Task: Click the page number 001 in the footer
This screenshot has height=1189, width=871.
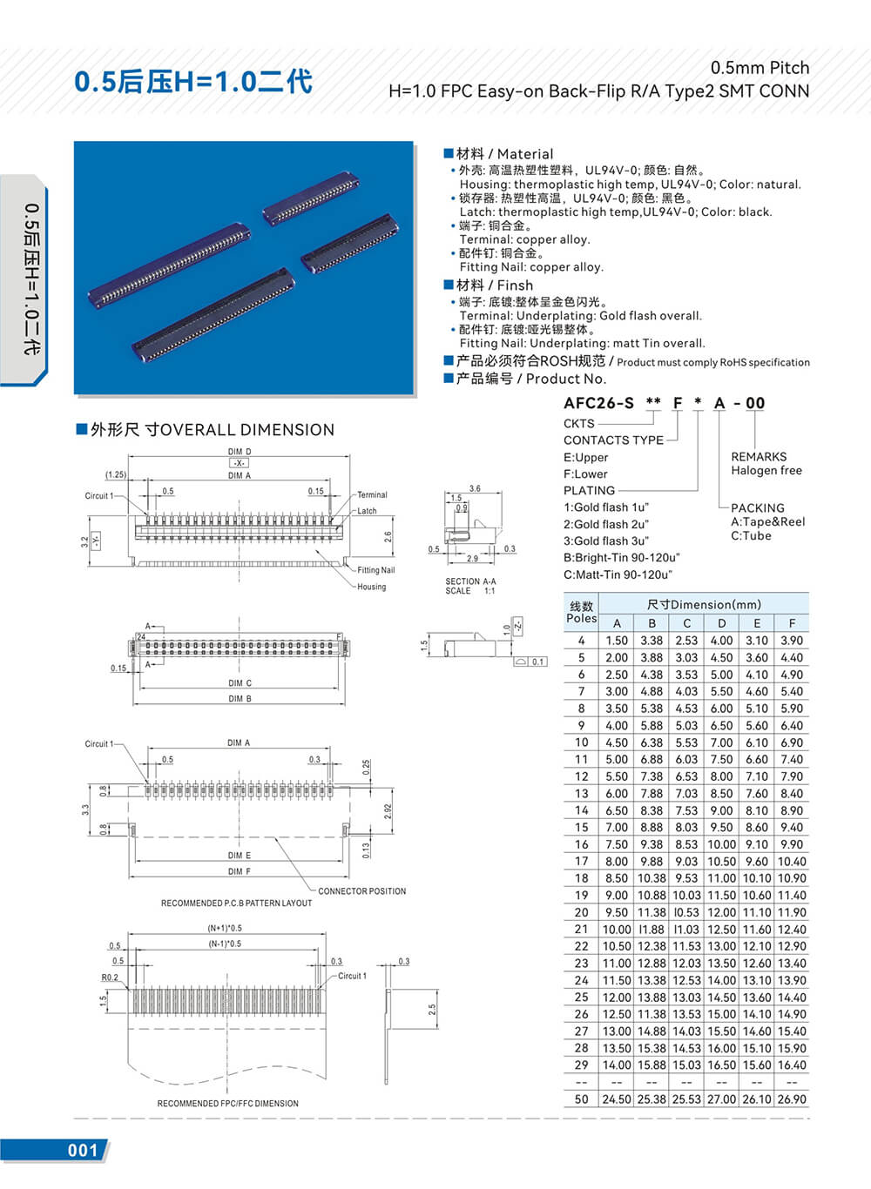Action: point(83,1150)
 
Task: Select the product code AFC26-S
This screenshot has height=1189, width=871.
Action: point(598,403)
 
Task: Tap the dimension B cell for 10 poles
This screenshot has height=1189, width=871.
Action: point(652,742)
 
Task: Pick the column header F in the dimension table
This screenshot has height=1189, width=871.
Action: point(792,623)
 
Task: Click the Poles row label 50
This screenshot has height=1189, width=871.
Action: point(581,1099)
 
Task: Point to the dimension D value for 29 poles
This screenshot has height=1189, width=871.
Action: point(721,1065)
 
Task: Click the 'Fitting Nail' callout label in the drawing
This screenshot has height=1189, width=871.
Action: point(375,570)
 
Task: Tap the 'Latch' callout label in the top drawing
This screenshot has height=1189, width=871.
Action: point(367,511)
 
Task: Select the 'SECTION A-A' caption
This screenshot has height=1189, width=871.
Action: point(470,581)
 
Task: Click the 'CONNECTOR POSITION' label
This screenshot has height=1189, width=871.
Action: point(361,891)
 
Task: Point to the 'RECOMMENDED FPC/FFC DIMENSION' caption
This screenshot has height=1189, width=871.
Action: point(227,1104)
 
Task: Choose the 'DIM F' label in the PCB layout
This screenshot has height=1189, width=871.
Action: point(239,871)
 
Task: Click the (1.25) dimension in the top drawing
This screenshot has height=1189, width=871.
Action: point(116,474)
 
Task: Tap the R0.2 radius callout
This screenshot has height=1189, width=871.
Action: point(110,977)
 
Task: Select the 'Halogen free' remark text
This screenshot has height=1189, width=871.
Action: point(766,471)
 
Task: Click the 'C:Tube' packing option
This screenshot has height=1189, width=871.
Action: point(751,536)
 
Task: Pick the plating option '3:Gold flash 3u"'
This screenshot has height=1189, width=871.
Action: point(605,541)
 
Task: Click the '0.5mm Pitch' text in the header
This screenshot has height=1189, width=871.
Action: point(760,68)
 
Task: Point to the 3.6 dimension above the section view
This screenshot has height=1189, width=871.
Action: point(475,488)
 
